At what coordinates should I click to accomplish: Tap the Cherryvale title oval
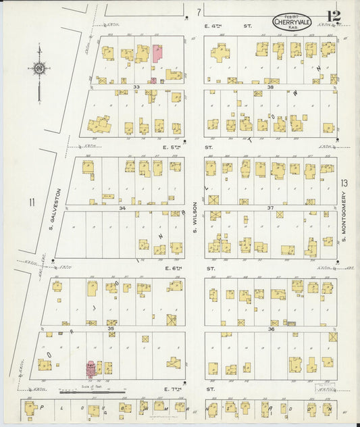[292, 22]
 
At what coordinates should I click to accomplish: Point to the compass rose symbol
[40, 68]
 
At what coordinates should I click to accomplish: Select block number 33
[136, 86]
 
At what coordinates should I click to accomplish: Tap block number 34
[122, 208]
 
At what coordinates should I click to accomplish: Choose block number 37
[269, 208]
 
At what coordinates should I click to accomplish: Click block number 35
[111, 328]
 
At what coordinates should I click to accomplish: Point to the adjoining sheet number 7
[198, 12]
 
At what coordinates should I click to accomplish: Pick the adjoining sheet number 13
[344, 183]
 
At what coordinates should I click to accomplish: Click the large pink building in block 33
[157, 54]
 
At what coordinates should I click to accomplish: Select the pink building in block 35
[90, 369]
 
